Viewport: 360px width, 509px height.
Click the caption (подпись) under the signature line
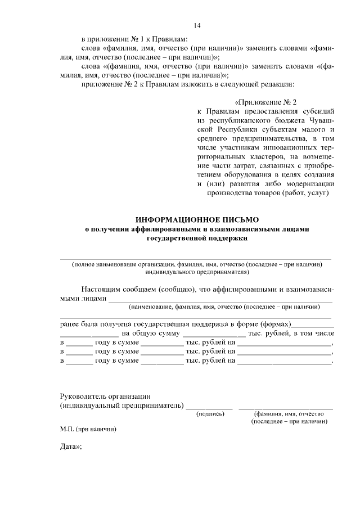(210, 413)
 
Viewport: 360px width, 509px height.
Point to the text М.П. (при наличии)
(88, 429)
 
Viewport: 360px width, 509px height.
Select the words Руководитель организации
(105, 396)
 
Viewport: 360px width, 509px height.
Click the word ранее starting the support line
(70, 325)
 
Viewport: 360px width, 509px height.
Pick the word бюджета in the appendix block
(286, 120)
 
